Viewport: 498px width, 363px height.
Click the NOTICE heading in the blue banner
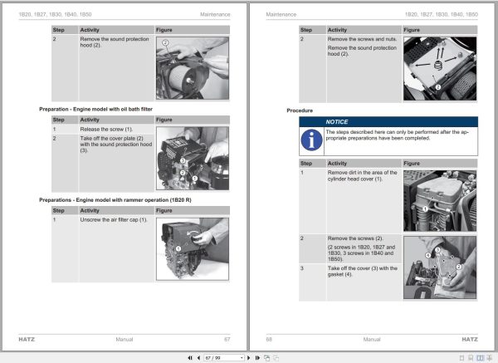(337, 121)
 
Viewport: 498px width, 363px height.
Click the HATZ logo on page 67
(27, 339)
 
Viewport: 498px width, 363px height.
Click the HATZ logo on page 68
(469, 339)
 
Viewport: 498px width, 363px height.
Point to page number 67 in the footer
(227, 339)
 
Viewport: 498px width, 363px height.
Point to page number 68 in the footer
(269, 339)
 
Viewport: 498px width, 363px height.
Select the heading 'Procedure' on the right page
(300, 110)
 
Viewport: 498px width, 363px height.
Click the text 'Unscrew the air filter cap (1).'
(113, 219)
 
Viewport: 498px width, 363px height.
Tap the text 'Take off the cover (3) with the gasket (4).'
(363, 271)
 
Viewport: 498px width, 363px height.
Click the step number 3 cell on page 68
(303, 268)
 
